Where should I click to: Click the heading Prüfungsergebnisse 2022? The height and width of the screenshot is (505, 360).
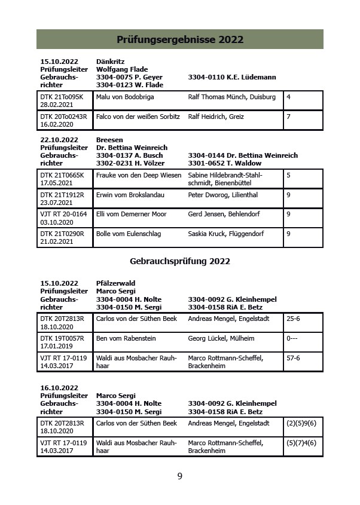[179, 40]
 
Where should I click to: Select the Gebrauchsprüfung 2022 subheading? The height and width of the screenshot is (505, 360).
[179, 261]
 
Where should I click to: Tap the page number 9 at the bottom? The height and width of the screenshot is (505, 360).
[179, 476]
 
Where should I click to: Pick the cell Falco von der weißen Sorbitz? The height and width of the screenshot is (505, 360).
[138, 117]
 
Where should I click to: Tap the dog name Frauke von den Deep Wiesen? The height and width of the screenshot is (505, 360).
[138, 175]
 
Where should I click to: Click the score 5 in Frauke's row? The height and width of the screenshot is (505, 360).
[288, 175]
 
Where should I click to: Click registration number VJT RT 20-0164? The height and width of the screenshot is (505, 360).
[63, 214]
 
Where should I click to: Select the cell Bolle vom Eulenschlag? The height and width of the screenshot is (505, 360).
[128, 234]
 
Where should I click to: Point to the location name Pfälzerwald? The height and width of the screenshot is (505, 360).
[115, 283]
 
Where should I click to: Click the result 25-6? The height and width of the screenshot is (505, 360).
[294, 319]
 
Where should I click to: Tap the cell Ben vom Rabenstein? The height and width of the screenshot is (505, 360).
[126, 338]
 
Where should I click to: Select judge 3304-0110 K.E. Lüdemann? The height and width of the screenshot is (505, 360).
[231, 77]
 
